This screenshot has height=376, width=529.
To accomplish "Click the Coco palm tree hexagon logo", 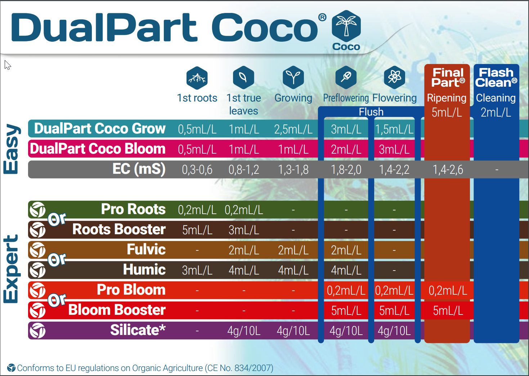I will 346,26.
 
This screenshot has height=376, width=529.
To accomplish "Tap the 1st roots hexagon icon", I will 197,78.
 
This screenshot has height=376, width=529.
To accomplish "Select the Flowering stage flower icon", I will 394,77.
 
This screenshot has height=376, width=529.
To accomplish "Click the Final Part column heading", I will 448,78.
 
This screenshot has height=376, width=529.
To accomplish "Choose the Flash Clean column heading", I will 496,78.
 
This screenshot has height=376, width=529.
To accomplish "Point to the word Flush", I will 371,112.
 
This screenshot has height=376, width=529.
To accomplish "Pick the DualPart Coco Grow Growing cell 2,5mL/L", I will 293,129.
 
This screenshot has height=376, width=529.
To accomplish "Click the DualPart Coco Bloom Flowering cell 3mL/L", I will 394,149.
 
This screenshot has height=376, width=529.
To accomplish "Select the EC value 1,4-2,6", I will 448,169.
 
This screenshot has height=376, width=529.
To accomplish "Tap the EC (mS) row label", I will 139,169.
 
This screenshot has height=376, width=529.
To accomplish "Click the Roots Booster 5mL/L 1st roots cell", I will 197,230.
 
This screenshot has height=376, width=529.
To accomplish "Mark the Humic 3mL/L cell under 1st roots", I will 197,270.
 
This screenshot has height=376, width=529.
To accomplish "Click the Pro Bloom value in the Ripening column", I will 448,290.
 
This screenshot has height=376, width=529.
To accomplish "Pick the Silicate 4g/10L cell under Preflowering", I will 346,331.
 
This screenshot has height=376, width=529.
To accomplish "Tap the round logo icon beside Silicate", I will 37,331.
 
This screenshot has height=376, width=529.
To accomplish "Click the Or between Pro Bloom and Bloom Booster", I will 57,300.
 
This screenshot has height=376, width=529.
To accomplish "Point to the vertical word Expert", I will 11,269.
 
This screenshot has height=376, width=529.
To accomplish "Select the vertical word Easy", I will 11,149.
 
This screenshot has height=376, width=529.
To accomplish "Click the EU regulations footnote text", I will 145,368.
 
